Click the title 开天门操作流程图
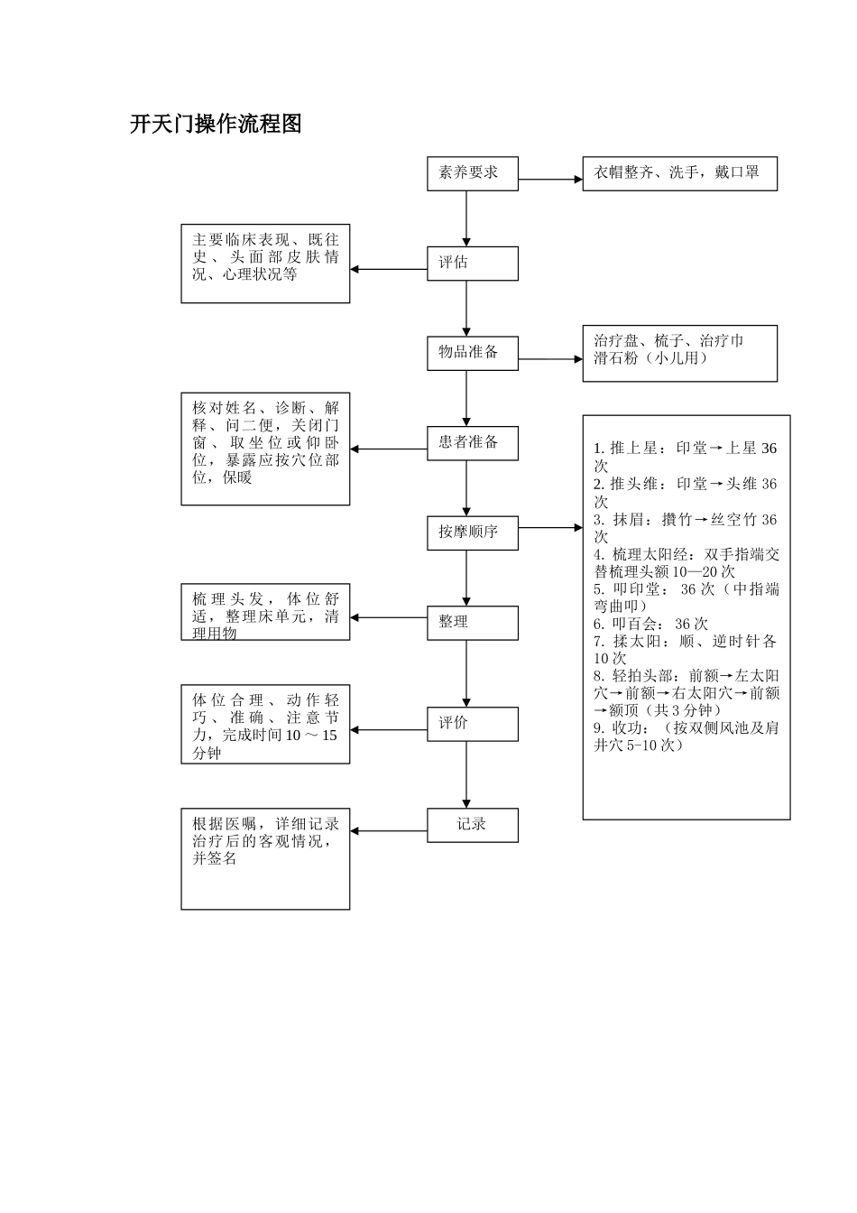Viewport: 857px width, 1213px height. [x=216, y=125]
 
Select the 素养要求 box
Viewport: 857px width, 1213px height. [x=472, y=173]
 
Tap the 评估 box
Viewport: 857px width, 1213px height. [x=472, y=264]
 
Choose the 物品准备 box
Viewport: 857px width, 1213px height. [x=472, y=353]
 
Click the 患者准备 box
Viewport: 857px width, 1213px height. [x=472, y=443]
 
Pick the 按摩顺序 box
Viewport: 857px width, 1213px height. [x=472, y=532]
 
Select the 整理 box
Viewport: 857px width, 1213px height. [x=472, y=623]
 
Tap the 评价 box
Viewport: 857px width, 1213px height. [x=472, y=724]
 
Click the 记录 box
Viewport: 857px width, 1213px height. [x=472, y=825]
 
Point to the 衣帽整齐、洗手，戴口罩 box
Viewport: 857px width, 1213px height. [x=679, y=173]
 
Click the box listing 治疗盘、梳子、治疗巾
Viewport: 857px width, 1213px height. [x=679, y=353]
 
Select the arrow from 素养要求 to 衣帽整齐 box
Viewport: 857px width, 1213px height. [x=550, y=180]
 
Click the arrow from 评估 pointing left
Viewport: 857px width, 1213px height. [x=388, y=269]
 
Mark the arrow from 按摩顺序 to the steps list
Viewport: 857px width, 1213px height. [x=550, y=527]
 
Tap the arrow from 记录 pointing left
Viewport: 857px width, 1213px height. [x=388, y=831]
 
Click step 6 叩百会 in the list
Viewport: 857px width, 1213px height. [x=650, y=624]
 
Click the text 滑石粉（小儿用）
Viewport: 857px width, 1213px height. [x=650, y=358]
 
